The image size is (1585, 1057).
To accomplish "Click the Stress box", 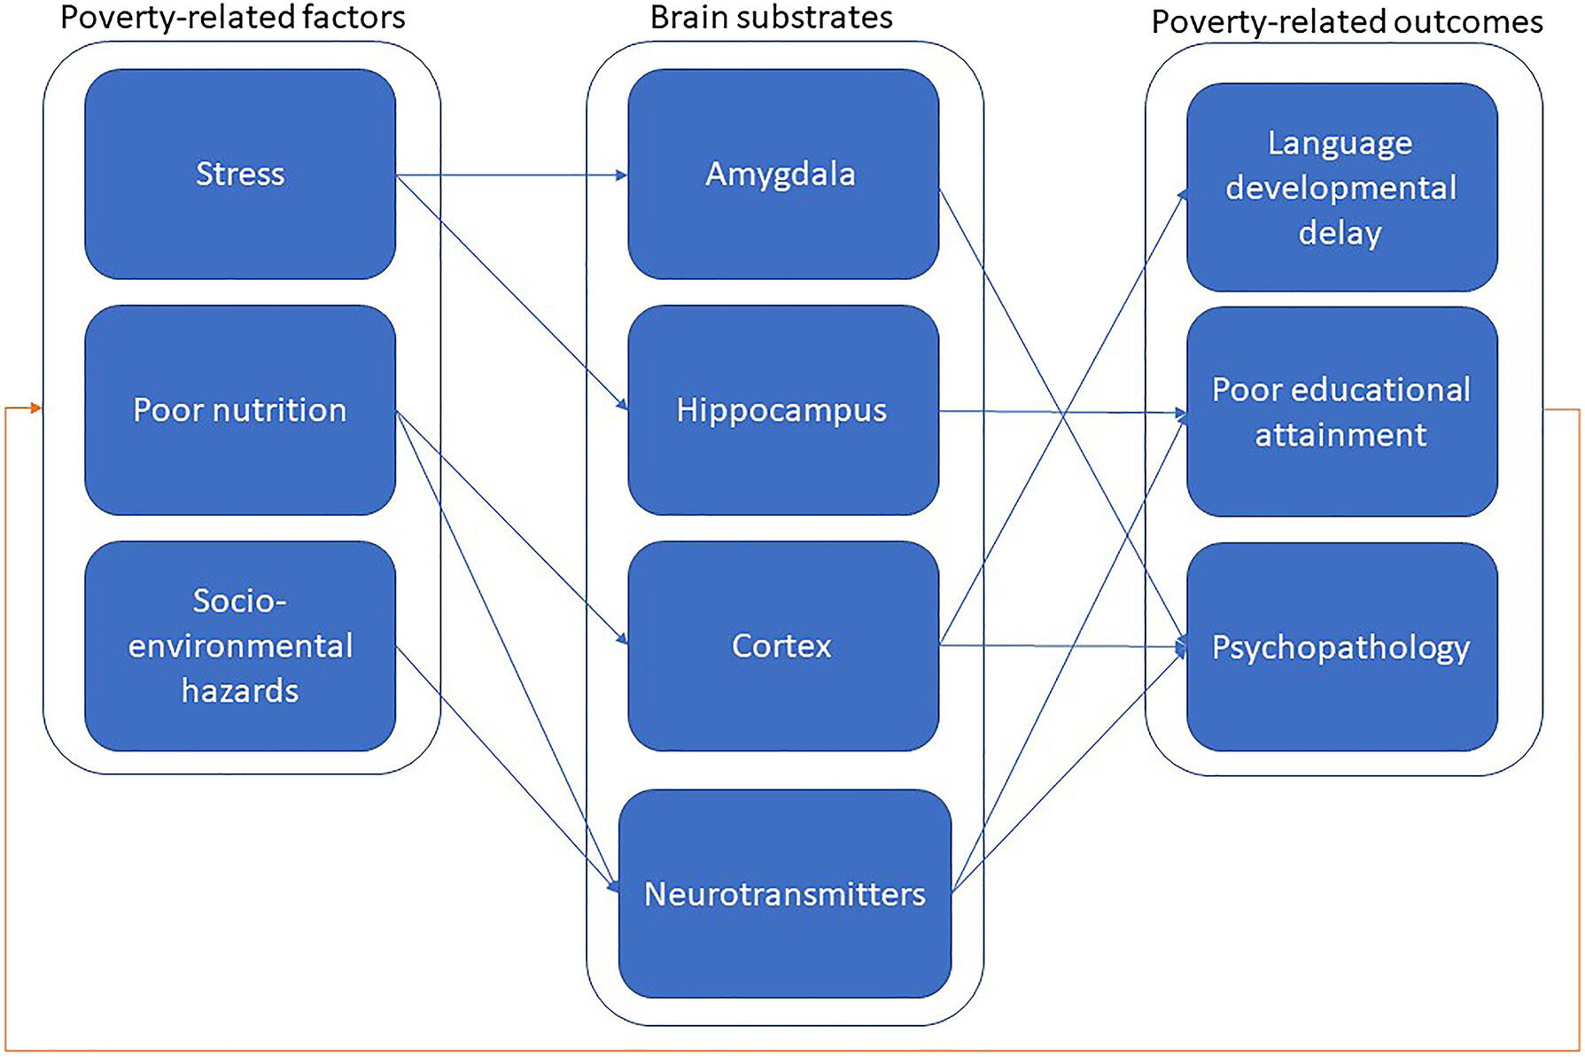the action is click(240, 174).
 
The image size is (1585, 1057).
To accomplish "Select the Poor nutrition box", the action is click(240, 409).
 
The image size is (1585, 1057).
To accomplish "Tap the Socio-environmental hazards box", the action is click(240, 646).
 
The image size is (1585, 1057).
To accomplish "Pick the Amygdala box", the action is click(783, 174).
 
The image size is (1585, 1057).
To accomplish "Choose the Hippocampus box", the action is click(783, 409).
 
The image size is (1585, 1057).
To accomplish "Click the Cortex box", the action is click(783, 646).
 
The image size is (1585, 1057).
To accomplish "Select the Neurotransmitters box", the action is click(785, 893).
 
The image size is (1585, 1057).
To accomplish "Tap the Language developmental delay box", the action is click(1342, 187).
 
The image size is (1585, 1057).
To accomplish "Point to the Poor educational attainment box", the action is click(1342, 411).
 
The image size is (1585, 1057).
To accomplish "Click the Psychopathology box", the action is click(1342, 647).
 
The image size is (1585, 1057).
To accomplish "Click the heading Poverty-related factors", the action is click(233, 17).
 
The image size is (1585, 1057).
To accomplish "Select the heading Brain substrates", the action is click(772, 17).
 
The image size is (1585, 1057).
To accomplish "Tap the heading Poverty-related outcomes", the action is click(1347, 21).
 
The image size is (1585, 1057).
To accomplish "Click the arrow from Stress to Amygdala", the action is click(512, 175).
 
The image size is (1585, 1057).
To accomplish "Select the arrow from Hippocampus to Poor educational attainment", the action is click(1063, 412).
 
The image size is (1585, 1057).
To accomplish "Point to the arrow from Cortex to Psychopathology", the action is click(1063, 646).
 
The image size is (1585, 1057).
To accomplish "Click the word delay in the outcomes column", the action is click(1340, 233).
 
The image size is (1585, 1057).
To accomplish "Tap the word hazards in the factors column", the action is click(240, 691).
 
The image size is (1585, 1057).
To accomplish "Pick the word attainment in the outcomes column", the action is click(1340, 435).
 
